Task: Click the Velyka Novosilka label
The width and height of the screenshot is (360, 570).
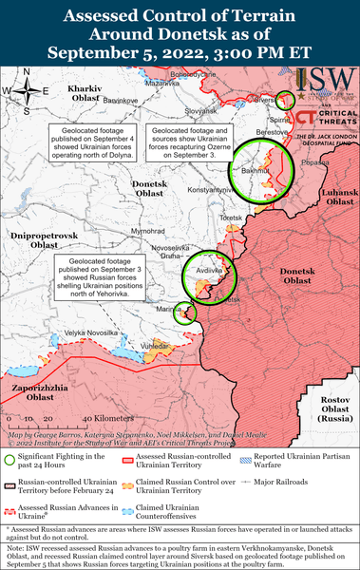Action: (x=91, y=332)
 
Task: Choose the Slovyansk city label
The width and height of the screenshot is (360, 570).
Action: (x=201, y=111)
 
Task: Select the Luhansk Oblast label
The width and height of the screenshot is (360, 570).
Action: (x=340, y=198)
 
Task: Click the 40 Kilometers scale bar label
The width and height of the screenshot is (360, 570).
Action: (x=107, y=418)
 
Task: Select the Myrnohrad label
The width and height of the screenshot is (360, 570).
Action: (x=148, y=232)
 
